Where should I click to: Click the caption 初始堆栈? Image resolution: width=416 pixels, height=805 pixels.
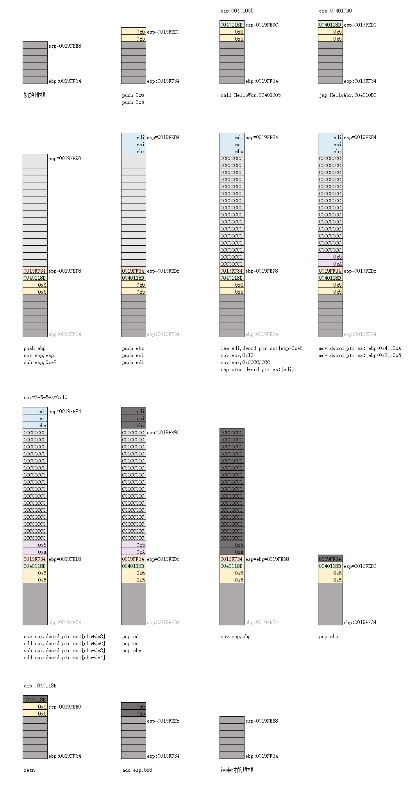(35, 95)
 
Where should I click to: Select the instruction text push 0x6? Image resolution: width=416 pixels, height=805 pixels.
(133, 95)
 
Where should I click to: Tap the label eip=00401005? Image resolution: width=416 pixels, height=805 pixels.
(237, 11)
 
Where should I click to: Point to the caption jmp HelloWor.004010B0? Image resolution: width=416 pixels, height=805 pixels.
(348, 95)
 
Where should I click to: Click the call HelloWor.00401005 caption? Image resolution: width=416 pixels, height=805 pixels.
(250, 95)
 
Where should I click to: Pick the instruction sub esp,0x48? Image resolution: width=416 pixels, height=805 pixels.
(40, 362)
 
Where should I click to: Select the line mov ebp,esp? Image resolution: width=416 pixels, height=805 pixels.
(39, 355)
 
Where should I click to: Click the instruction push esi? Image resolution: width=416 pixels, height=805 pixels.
(133, 355)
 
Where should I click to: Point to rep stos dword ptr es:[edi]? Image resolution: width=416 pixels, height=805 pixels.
(257, 369)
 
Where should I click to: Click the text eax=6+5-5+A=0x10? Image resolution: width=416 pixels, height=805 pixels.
(45, 398)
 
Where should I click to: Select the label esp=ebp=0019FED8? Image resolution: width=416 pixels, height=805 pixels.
(267, 559)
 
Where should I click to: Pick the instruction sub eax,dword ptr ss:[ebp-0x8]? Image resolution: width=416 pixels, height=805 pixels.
(64, 651)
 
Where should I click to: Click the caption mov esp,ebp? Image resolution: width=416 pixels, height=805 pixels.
(236, 637)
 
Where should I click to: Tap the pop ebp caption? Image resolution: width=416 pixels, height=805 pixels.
(329, 637)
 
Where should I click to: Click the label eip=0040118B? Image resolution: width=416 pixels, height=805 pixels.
(40, 686)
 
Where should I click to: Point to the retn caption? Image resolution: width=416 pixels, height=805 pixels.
(29, 770)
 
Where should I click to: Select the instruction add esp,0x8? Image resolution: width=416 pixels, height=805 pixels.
(137, 770)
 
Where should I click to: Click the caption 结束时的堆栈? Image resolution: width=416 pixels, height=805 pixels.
(237, 770)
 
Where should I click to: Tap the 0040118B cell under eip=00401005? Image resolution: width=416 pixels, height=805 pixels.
(232, 25)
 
